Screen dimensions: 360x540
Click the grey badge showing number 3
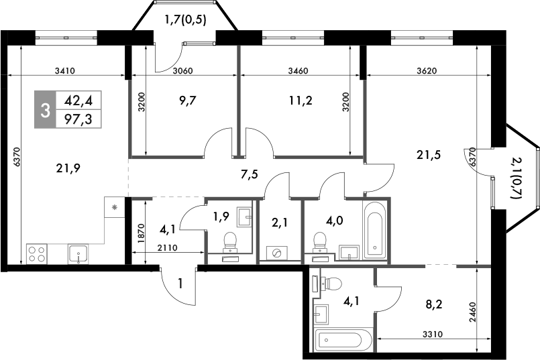[46, 111]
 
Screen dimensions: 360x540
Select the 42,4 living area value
[78, 101]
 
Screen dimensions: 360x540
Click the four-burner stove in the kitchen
[36, 254]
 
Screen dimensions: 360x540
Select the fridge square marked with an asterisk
[115, 208]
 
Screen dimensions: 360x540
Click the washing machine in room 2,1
[276, 252]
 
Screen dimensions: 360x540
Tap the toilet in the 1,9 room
[230, 240]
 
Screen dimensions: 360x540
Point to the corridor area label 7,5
[250, 176]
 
